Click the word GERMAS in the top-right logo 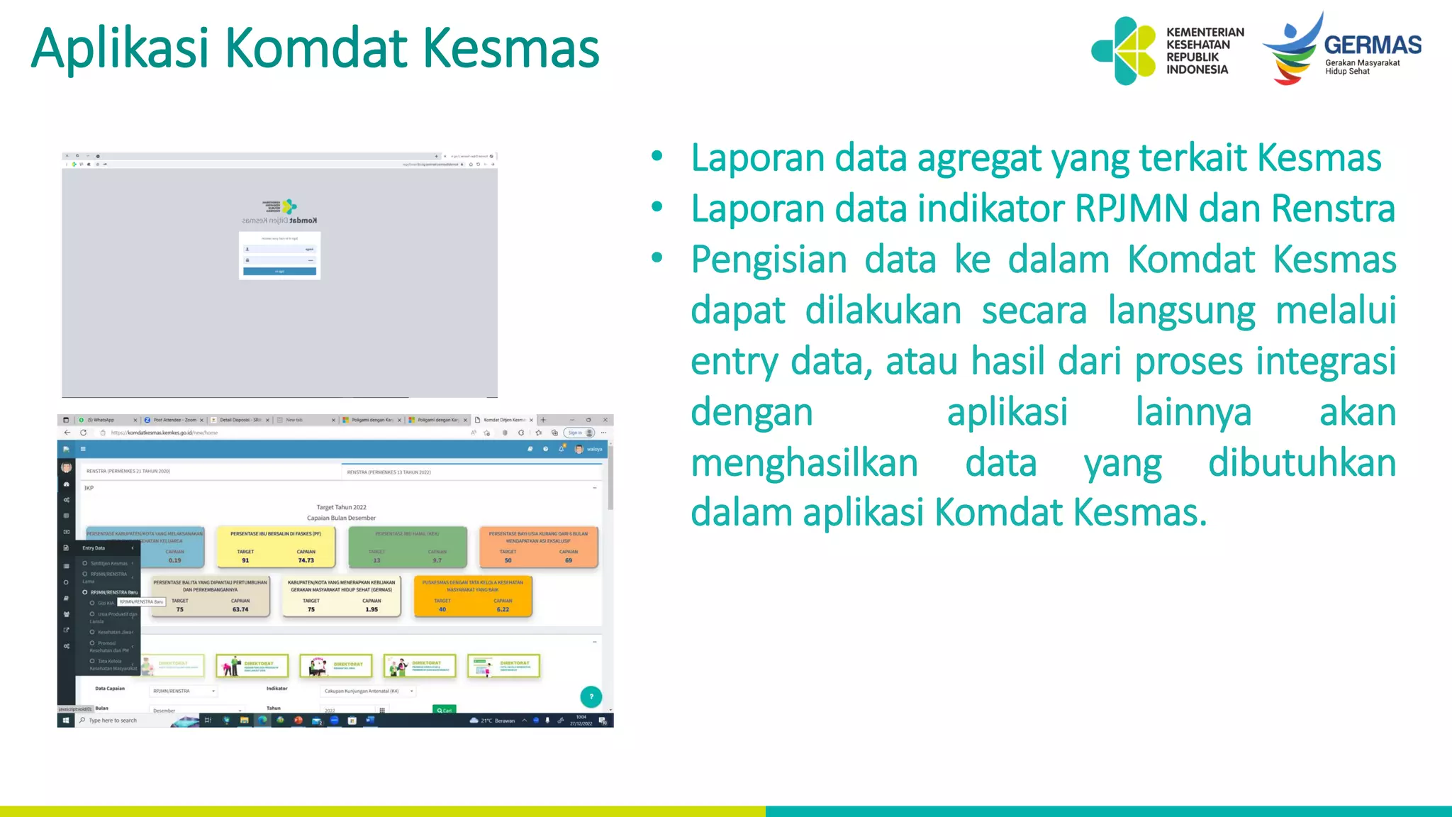[x=1373, y=45]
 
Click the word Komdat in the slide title [x=316, y=48]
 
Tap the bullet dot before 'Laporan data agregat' [x=657, y=156]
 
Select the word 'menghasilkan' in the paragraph [x=804, y=463]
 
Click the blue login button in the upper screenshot [x=279, y=272]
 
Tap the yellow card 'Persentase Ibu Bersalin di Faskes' [x=276, y=546]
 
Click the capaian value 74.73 [x=306, y=560]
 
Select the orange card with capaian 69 [x=538, y=547]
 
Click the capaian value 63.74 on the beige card [x=240, y=609]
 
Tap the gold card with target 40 [x=472, y=596]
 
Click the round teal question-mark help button [x=591, y=696]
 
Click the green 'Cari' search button [x=445, y=709]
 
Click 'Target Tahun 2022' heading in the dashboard [x=341, y=507]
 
